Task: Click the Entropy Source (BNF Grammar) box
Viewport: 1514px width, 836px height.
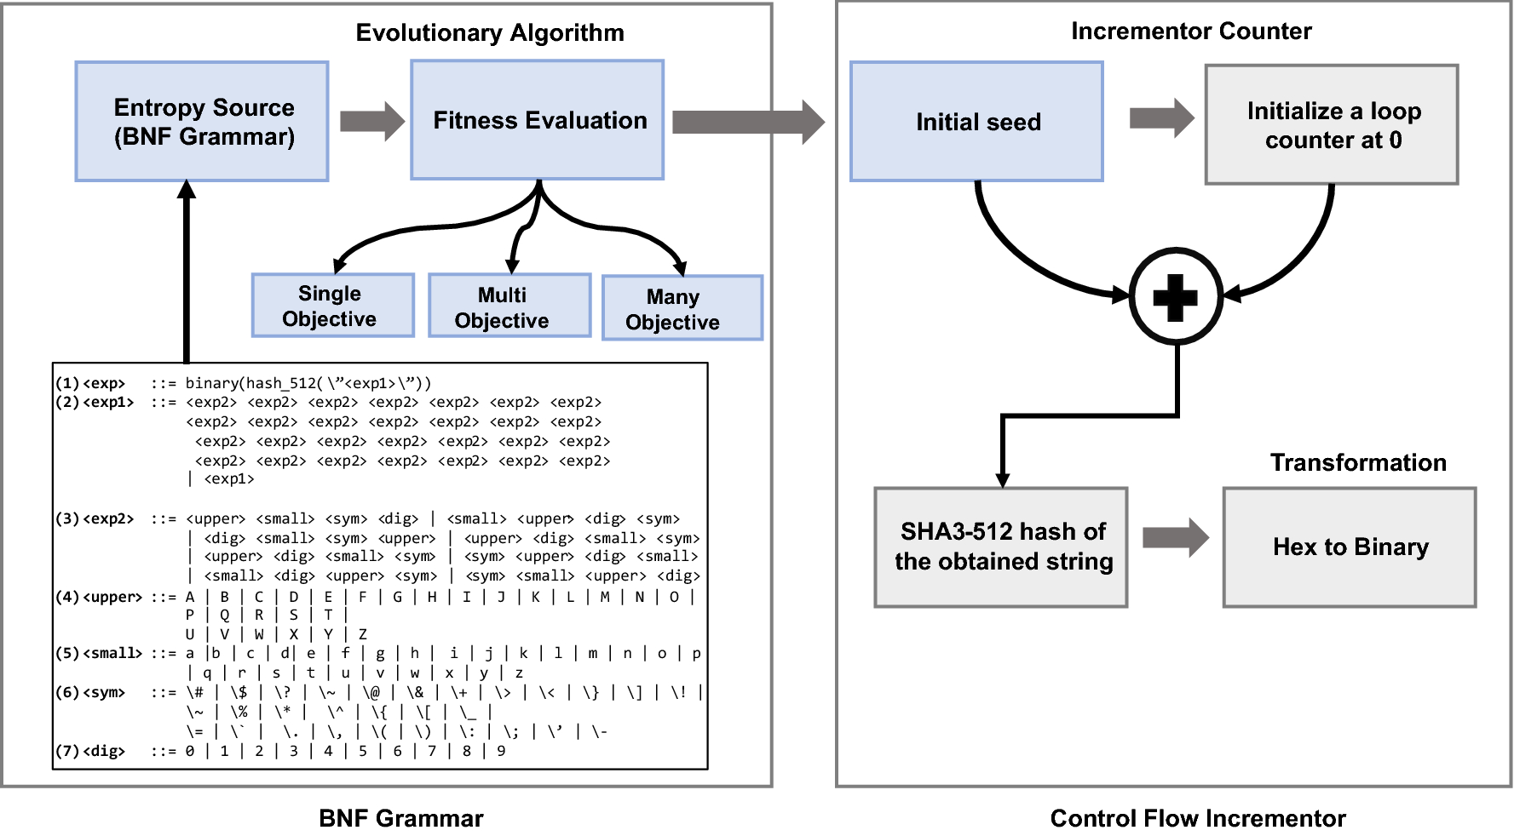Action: [x=202, y=121]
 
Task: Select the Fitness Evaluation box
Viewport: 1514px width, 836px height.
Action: [x=538, y=120]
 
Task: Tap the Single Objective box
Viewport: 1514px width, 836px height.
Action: [x=332, y=306]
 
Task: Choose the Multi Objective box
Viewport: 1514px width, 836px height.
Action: [x=509, y=306]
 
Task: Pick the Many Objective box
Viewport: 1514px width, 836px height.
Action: [x=682, y=308]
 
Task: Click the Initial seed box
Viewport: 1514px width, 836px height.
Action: [x=976, y=122]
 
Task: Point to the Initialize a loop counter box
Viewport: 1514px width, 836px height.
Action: [x=1332, y=124]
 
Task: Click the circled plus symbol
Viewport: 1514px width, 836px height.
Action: [x=1176, y=297]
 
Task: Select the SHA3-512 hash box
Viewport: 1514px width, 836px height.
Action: [x=1001, y=547]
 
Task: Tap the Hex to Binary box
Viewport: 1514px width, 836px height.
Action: [x=1350, y=547]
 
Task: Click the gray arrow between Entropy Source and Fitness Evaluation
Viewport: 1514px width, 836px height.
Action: [x=371, y=121]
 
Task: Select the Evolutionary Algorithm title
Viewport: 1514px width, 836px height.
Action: [x=490, y=32]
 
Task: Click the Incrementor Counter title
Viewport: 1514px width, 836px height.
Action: [x=1190, y=31]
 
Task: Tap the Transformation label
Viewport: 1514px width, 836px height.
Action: [x=1358, y=462]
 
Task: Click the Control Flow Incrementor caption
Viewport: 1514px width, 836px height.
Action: [x=1198, y=818]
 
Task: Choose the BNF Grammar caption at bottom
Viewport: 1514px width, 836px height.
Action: [x=400, y=818]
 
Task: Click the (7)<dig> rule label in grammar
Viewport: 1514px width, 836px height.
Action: [x=91, y=751]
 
